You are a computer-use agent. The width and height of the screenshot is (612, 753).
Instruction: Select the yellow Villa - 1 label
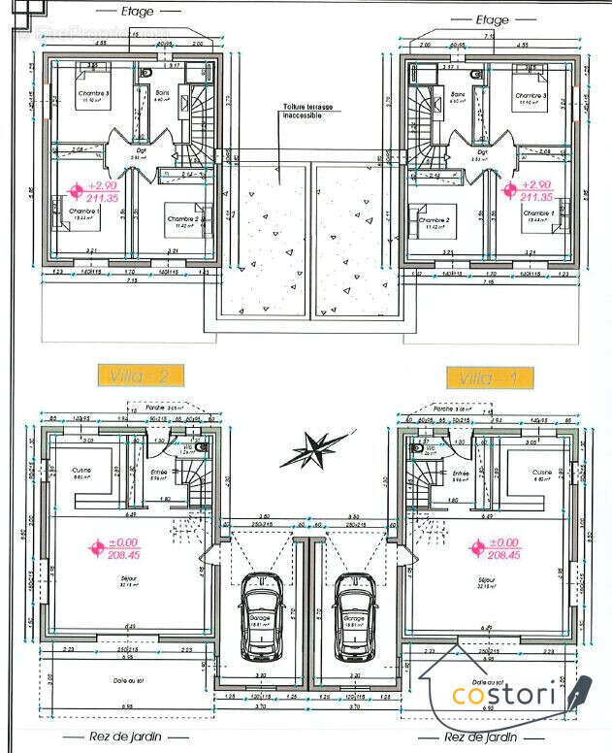489,377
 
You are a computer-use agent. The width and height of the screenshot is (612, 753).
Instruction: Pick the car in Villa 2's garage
261,606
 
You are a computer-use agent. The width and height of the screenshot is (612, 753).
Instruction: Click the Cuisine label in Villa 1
541,473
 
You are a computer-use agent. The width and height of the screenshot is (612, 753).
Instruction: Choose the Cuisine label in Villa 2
81,473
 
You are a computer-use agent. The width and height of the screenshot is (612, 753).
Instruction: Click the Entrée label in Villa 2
158,473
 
